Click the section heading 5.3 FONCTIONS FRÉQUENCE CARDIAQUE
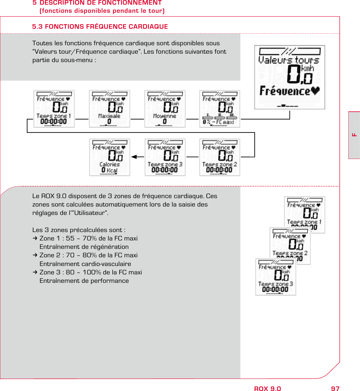[100, 27]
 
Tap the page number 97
[335, 389]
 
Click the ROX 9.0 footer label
[267, 389]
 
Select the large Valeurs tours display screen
[289, 77]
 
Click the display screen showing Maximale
[109, 109]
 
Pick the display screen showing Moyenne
[165, 109]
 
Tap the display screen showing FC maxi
[219, 109]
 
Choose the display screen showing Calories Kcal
[109, 157]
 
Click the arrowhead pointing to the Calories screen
[134, 157]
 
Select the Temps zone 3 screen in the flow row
[165, 157]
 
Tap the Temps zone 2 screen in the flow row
[219, 157]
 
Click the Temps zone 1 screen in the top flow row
[54, 109]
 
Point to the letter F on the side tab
[354, 135]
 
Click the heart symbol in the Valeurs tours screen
[315, 91]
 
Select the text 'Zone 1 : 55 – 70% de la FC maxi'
[88, 238]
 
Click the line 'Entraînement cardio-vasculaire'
[85, 264]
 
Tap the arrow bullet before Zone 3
[35, 272]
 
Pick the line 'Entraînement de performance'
[84, 281]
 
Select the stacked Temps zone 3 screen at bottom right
[276, 277]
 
